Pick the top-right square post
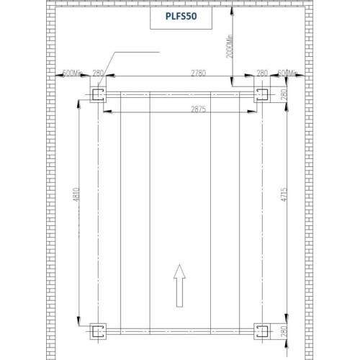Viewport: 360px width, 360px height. point(261,95)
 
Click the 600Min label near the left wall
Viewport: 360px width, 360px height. point(74,73)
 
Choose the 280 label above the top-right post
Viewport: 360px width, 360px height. point(262,73)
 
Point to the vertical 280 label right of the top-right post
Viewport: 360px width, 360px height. point(283,94)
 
